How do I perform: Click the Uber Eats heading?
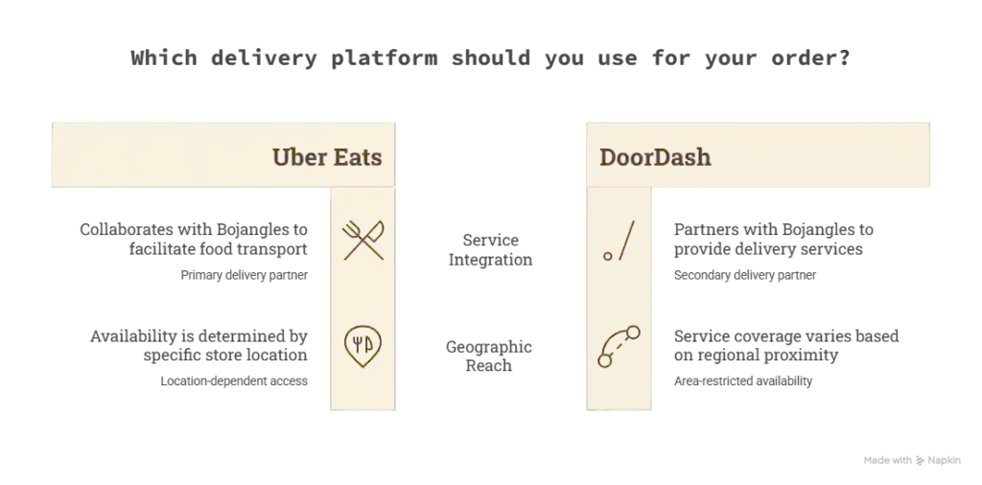click(327, 156)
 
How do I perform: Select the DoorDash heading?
click(655, 156)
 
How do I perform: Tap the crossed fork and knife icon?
click(363, 240)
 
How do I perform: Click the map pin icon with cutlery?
click(362, 346)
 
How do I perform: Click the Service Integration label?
click(490, 250)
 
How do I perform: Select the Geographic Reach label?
click(489, 357)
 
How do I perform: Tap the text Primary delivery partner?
click(245, 275)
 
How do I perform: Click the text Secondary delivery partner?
click(744, 275)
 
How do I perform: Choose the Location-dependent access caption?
click(234, 381)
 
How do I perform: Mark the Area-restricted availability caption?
click(743, 381)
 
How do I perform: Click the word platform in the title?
click(385, 58)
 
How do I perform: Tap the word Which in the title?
click(164, 58)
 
